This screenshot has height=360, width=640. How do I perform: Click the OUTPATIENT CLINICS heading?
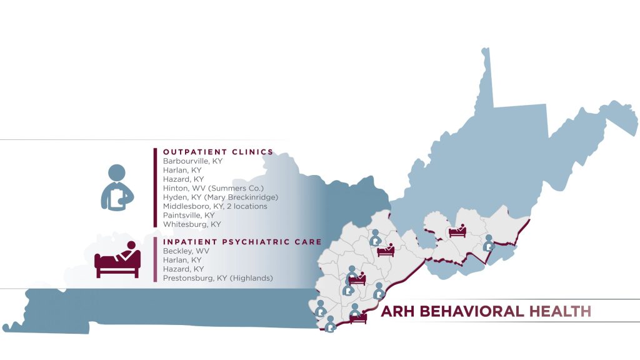(x=218, y=151)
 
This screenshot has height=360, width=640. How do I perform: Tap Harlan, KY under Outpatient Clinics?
(x=182, y=169)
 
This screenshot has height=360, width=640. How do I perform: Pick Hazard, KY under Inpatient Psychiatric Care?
(x=182, y=269)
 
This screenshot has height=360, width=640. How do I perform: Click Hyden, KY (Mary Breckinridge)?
(x=220, y=197)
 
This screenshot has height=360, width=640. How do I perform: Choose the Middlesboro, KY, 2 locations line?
(x=215, y=206)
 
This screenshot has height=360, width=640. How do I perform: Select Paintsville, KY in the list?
(x=188, y=214)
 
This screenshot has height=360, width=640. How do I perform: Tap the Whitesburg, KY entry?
(x=191, y=224)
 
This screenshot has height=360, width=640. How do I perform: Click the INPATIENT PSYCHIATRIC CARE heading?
(x=242, y=241)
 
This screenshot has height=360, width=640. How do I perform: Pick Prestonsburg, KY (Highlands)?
(x=218, y=277)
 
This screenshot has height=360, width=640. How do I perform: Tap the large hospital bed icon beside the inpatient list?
(x=117, y=259)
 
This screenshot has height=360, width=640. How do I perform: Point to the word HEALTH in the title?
(x=559, y=311)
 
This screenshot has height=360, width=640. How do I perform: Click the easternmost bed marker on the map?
(x=457, y=231)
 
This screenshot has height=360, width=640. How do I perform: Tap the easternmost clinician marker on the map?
(x=489, y=243)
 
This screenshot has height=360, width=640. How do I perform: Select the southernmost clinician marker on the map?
(x=331, y=324)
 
